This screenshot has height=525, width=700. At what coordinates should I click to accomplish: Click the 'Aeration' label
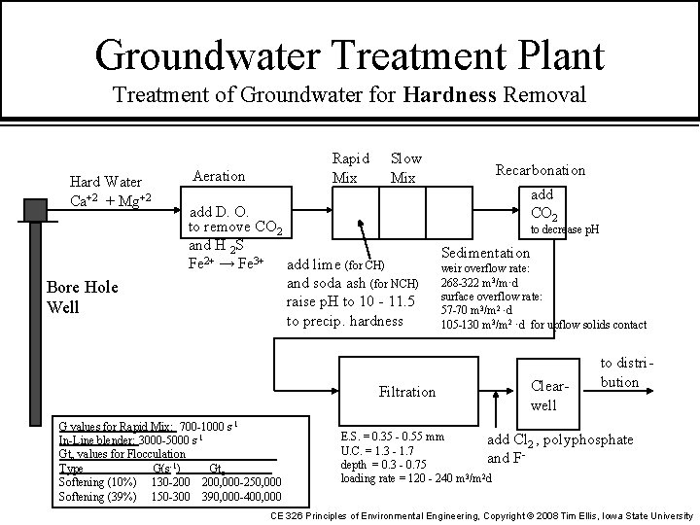(x=220, y=176)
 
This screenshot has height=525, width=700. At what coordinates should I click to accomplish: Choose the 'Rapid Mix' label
(x=350, y=167)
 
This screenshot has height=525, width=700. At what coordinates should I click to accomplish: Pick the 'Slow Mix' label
(x=405, y=167)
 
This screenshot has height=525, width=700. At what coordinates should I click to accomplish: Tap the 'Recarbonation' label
(x=541, y=170)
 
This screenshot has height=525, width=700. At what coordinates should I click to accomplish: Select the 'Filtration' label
(x=407, y=392)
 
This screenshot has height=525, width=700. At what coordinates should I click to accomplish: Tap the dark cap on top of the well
(x=37, y=207)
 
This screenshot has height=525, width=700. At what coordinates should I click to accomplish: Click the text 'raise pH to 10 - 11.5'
(x=351, y=302)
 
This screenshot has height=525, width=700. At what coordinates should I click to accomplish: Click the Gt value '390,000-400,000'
(x=241, y=497)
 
